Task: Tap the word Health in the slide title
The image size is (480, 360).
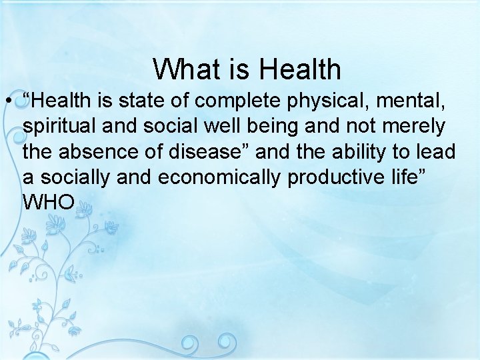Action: tap(300, 69)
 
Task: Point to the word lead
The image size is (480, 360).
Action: tap(437, 152)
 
